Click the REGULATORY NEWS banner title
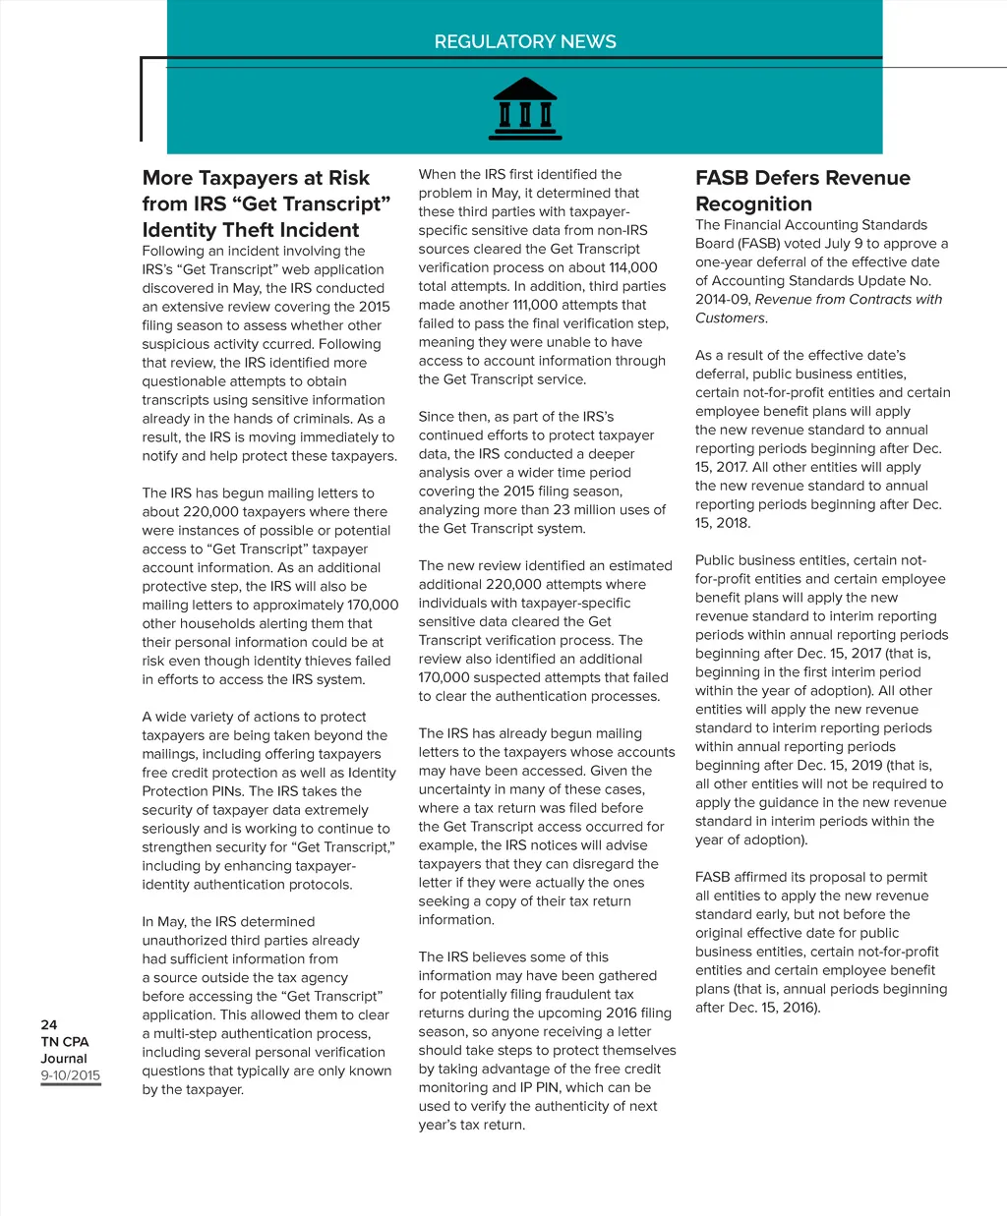click(x=525, y=42)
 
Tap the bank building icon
click(x=524, y=109)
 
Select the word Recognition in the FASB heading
click(x=753, y=204)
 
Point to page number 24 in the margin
click(x=49, y=1024)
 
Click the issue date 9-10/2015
click(x=71, y=1075)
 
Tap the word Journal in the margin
click(x=64, y=1059)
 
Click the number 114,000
click(x=632, y=267)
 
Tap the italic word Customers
click(x=730, y=318)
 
